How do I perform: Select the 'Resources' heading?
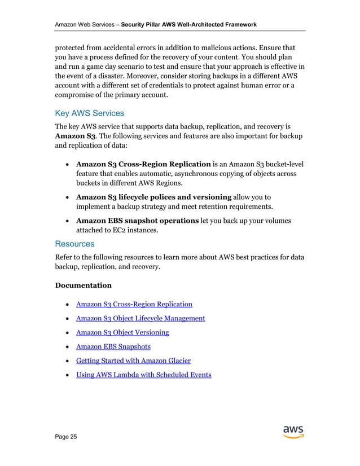pos(74,244)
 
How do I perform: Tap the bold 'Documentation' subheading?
pos(83,285)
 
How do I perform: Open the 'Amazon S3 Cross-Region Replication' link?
pos(134,305)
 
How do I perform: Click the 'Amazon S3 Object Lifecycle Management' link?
pos(141,319)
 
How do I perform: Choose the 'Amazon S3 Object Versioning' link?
pos(122,332)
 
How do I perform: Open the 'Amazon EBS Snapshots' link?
pos(113,346)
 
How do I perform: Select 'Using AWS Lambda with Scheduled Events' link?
pos(143,375)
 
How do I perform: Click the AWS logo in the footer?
pos(293,431)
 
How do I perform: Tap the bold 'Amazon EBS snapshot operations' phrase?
pos(137,220)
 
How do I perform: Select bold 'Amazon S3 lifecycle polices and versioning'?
pos(153,197)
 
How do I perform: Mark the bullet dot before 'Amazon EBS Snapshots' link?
pos(68,346)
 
